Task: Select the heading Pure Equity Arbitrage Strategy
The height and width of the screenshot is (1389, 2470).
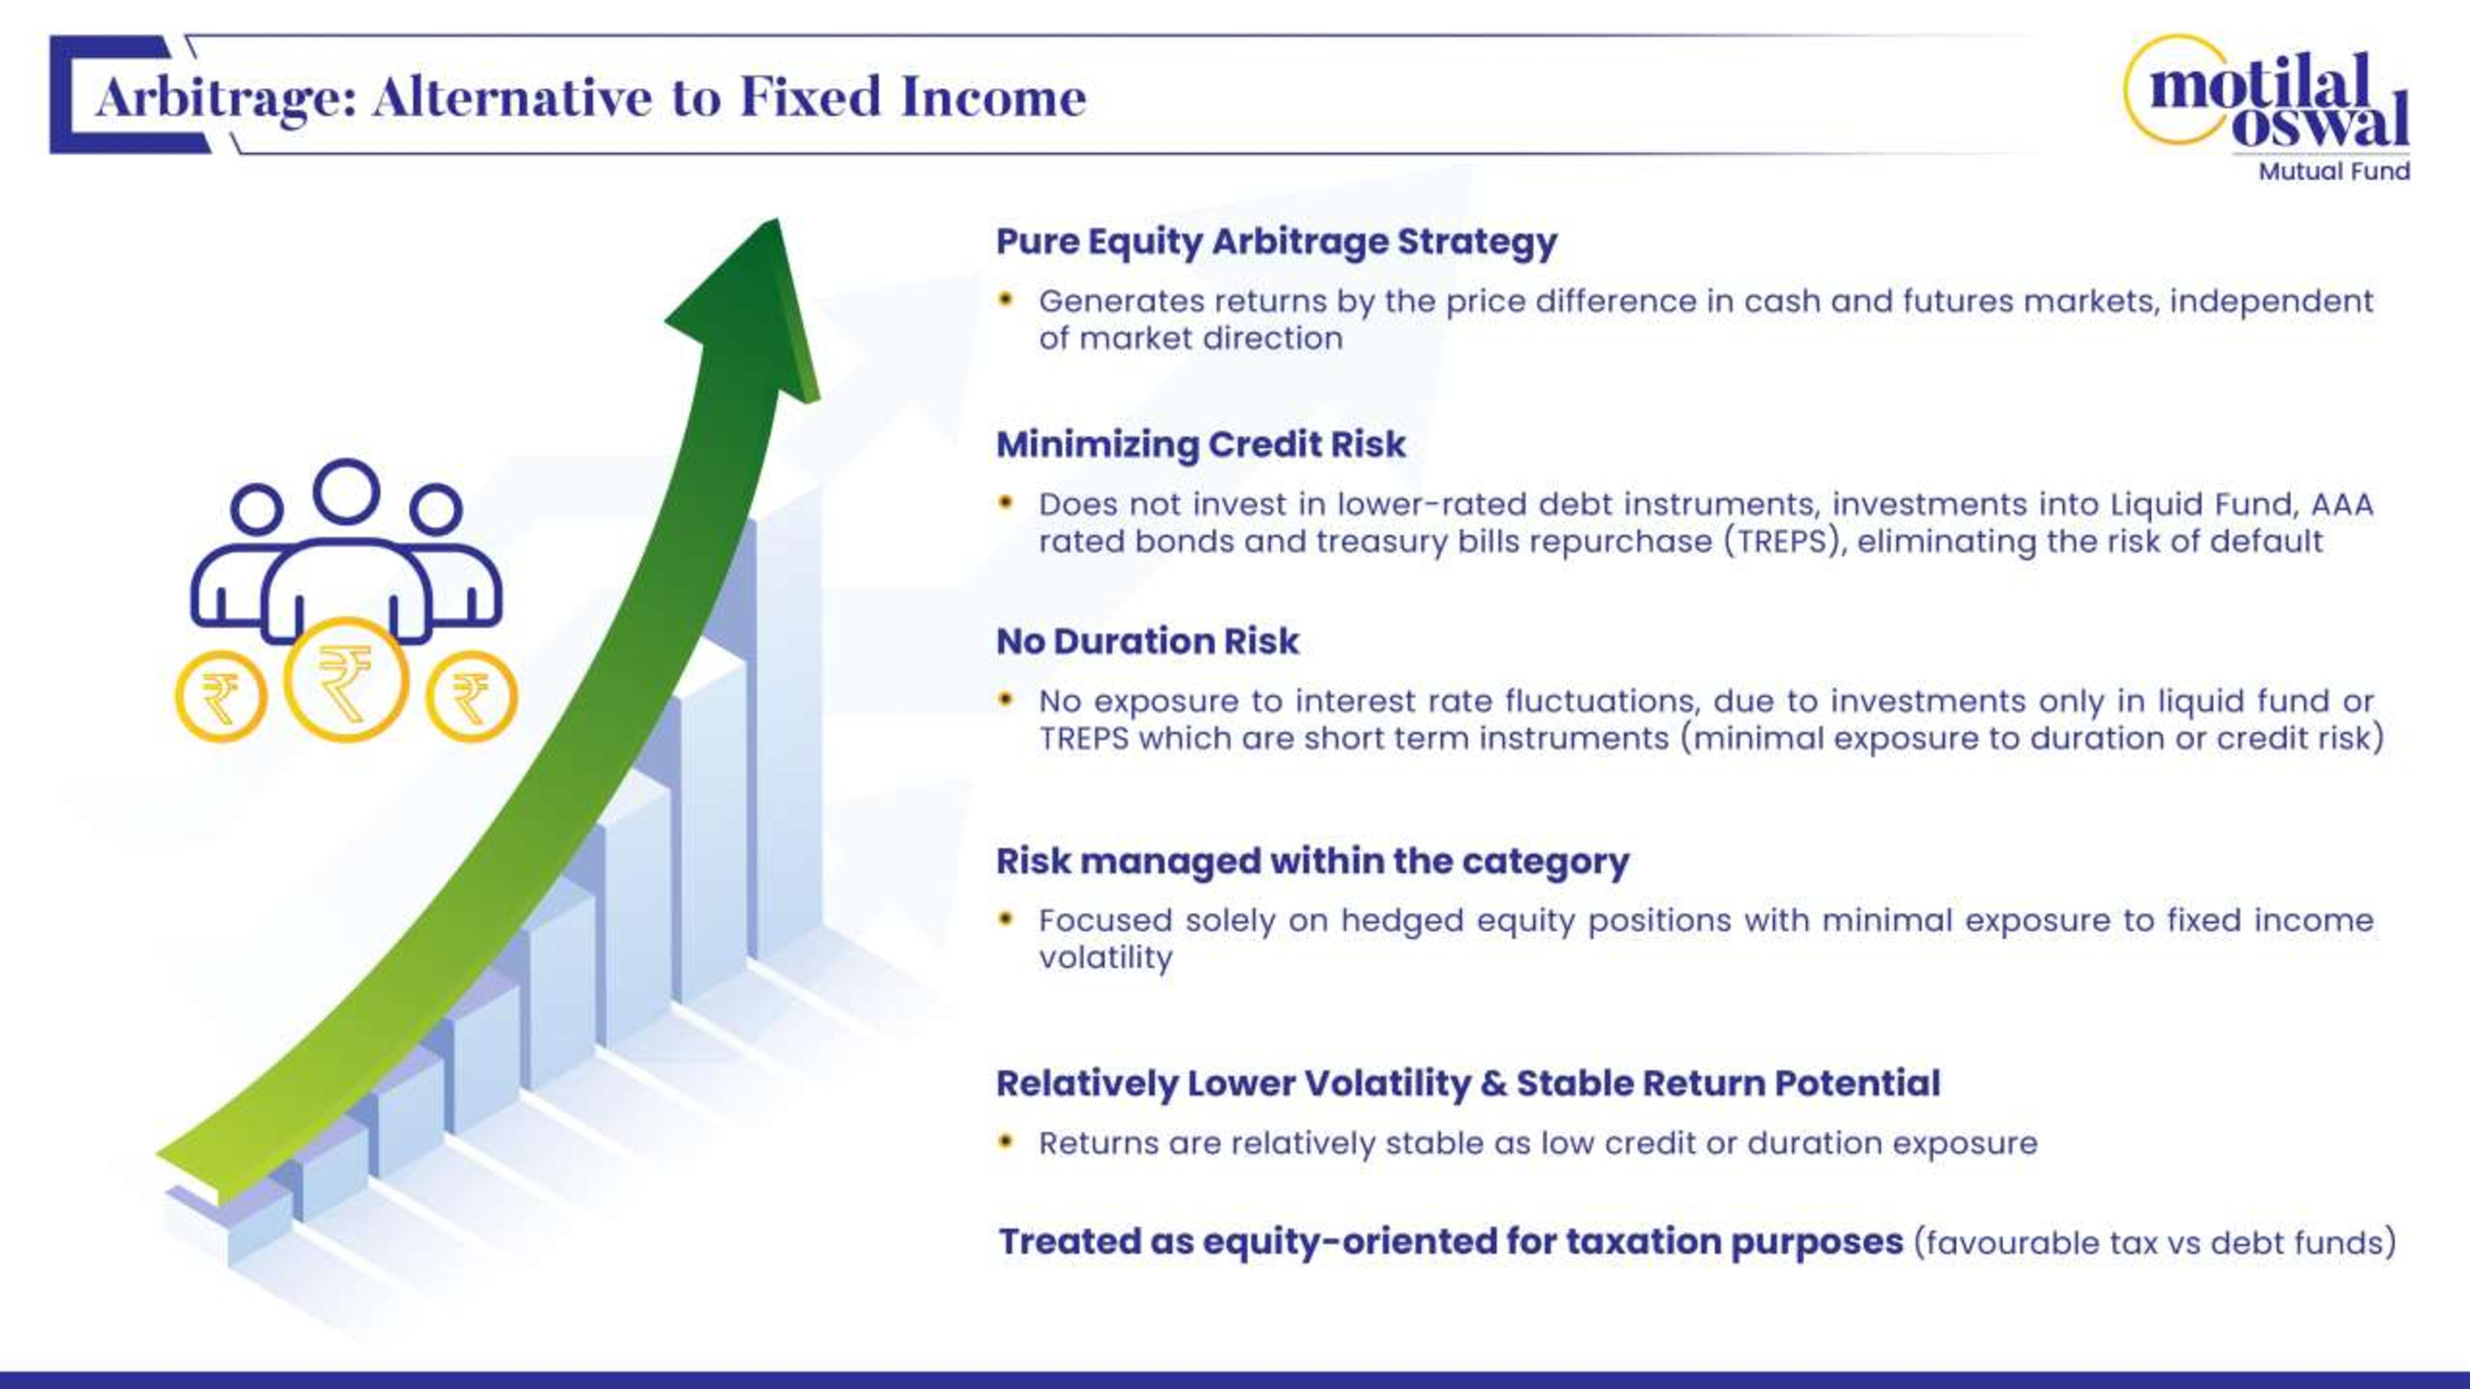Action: coord(1276,241)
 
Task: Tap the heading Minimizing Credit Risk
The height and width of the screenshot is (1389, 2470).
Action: coord(1200,444)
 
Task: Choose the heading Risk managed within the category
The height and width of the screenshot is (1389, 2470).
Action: coord(1313,861)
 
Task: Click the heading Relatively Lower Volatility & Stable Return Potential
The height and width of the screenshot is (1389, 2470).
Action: coord(1468,1083)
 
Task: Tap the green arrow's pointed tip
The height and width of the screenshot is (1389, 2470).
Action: coord(773,220)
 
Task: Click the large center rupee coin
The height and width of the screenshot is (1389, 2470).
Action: coord(346,680)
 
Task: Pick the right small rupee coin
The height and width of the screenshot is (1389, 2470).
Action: coord(471,696)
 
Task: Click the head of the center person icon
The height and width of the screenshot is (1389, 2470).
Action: coord(346,491)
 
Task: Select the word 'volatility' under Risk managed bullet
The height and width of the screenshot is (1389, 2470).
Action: coord(1105,957)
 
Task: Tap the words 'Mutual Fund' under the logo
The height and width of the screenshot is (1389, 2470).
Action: coord(2334,172)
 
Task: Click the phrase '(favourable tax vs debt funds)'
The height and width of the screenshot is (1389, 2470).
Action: coord(2154,1242)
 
